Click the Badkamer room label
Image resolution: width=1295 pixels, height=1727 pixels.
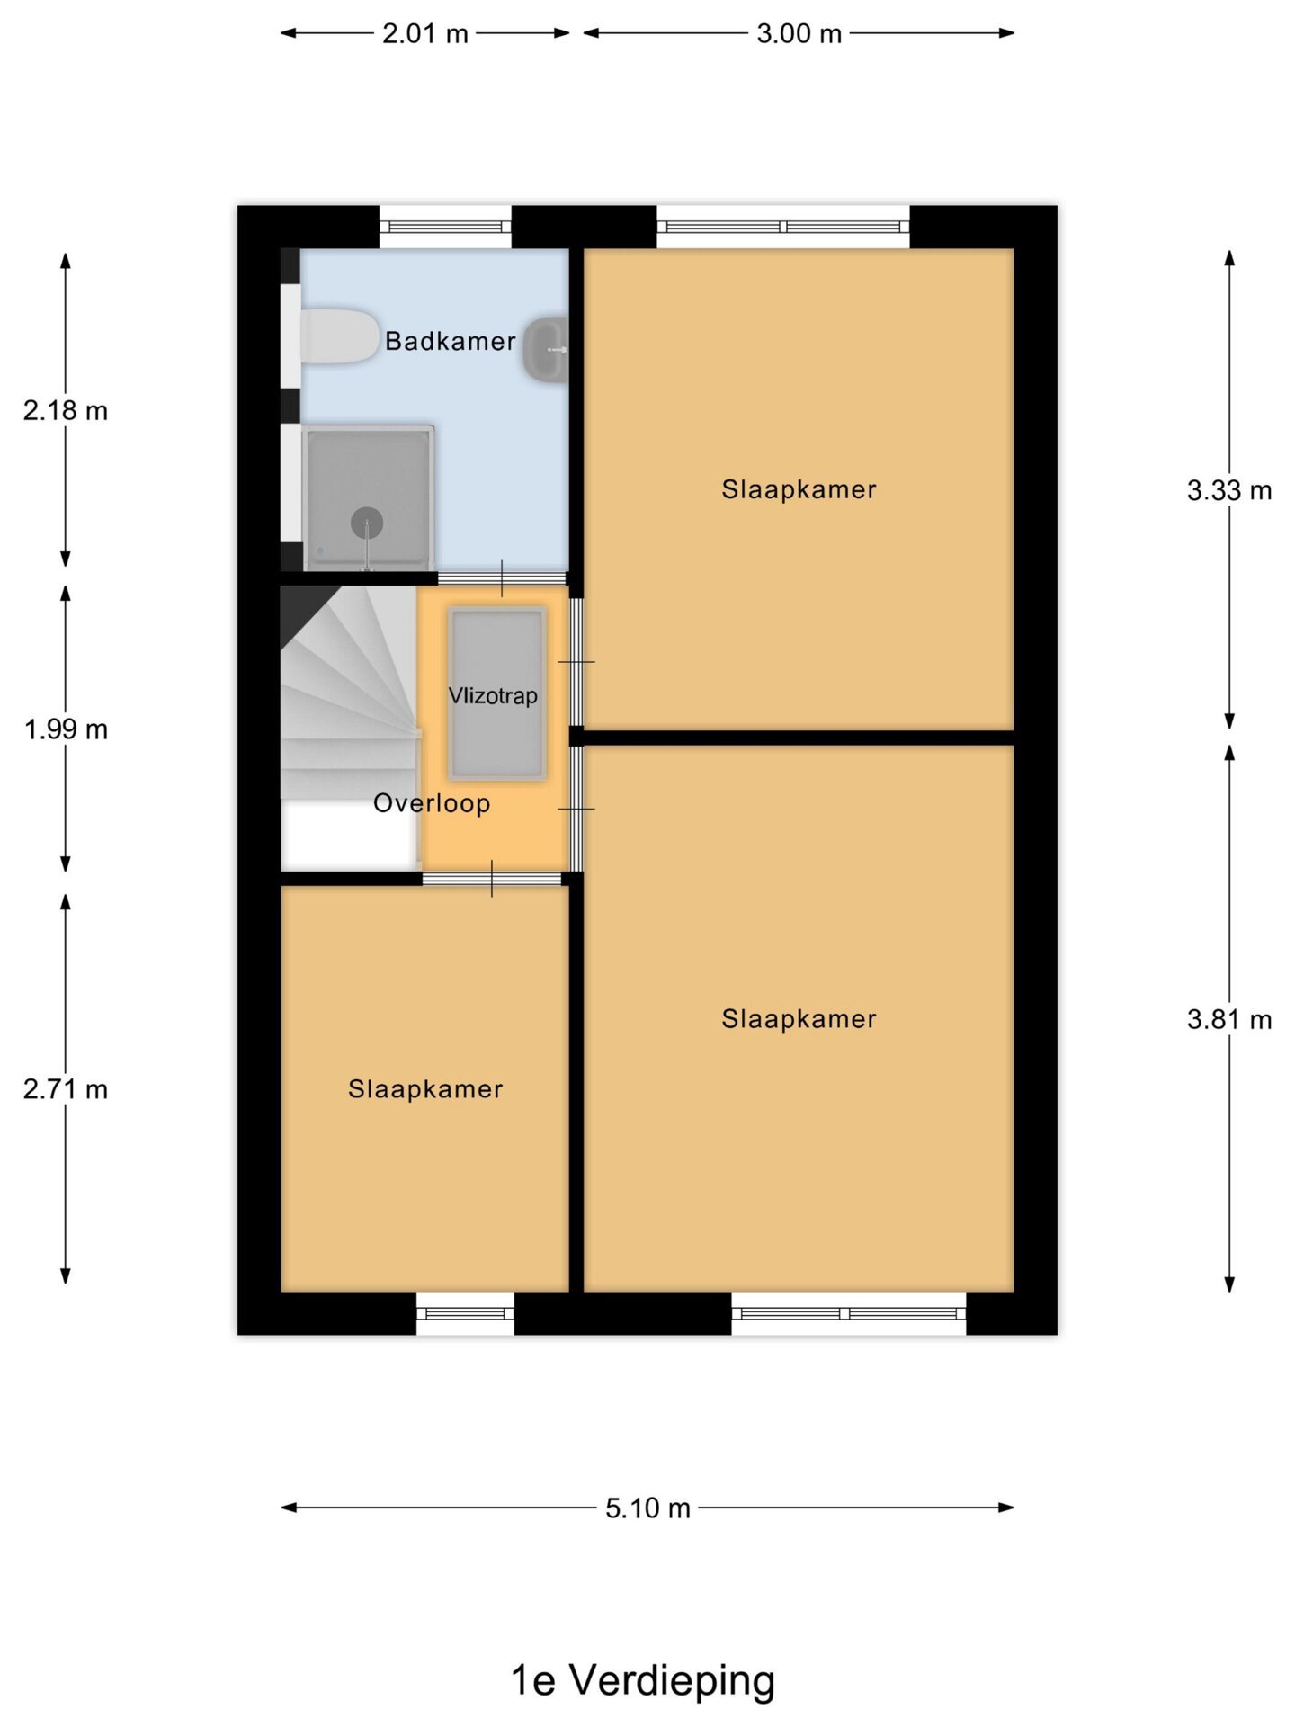(451, 341)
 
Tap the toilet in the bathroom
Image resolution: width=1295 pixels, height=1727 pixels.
(339, 337)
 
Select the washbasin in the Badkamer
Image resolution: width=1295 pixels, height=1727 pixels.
(546, 349)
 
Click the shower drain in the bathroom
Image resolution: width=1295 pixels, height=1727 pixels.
(367, 523)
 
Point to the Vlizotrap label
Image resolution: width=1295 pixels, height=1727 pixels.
(493, 695)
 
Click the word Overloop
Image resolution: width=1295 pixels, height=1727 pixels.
(432, 803)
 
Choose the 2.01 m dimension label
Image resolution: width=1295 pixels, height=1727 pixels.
(425, 34)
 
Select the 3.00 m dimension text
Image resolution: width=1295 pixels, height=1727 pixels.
(799, 34)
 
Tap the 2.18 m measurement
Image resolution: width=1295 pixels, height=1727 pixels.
(66, 411)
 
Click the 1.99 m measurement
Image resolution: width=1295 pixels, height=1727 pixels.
(66, 729)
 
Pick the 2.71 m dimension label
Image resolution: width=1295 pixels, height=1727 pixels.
(66, 1089)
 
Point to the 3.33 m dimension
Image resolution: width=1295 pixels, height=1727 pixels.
(1229, 490)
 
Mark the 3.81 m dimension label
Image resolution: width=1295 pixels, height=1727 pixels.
(1229, 1019)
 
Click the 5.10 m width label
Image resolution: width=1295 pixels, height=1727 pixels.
(647, 1508)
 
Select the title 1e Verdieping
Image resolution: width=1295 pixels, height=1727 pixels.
(643, 1680)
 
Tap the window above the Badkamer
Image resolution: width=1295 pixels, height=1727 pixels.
(445, 227)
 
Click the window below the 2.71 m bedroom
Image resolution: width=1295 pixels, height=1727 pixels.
(465, 1313)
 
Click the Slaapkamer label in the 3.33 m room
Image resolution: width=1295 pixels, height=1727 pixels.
(799, 489)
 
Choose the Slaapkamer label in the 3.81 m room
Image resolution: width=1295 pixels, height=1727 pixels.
(799, 1019)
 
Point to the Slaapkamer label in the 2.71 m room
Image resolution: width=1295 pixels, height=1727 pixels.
(425, 1089)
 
